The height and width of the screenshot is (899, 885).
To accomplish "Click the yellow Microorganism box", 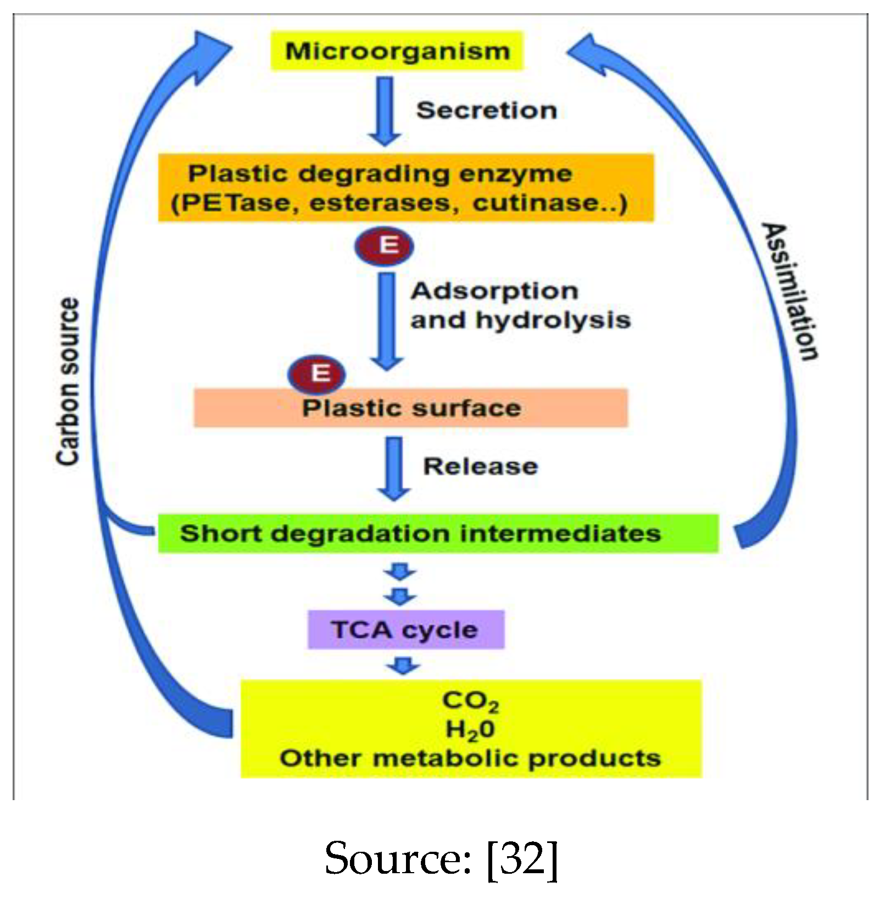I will [397, 51].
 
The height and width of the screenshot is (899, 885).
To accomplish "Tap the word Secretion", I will [487, 110].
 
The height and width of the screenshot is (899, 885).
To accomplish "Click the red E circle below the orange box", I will [384, 245].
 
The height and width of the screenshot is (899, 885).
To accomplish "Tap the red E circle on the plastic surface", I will [317, 374].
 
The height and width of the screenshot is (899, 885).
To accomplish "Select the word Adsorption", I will [494, 291].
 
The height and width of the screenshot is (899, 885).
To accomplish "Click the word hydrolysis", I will [553, 320].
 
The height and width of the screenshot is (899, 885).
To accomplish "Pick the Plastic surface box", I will [411, 408].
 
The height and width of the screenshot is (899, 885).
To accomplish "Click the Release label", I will [481, 466].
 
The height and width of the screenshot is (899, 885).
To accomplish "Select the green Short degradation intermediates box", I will [438, 533].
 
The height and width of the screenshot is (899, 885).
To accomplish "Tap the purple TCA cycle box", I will [405, 629].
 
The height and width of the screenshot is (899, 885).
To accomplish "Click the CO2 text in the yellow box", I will [471, 701].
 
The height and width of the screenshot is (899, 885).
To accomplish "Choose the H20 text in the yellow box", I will [470, 730].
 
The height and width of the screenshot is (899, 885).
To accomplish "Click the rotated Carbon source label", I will [68, 382].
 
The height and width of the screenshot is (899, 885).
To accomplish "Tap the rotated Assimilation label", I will [790, 291].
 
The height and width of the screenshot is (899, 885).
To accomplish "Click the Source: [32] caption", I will [441, 858].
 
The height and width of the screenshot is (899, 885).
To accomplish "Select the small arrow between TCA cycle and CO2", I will [403, 666].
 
